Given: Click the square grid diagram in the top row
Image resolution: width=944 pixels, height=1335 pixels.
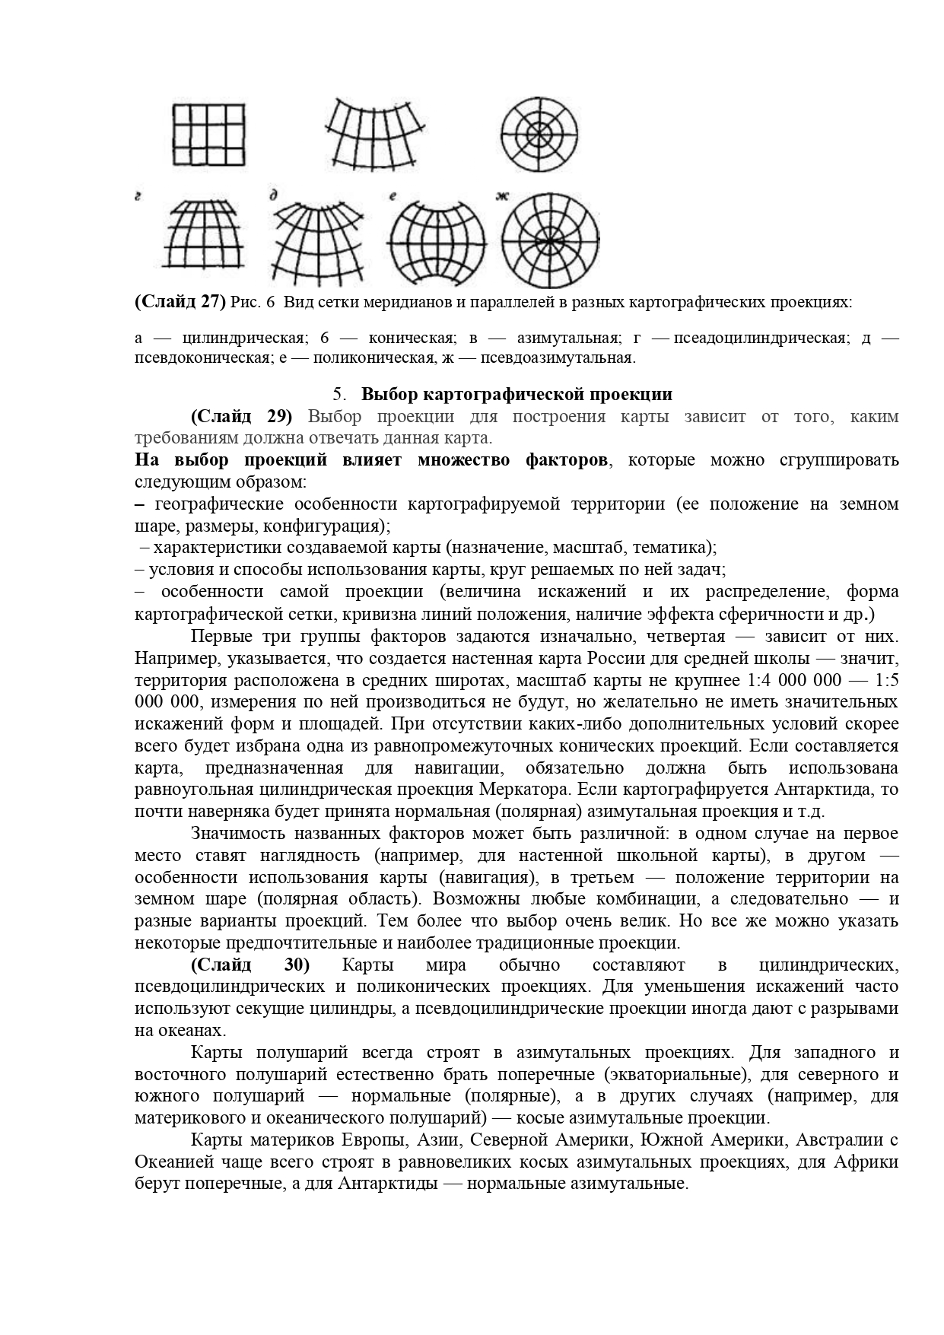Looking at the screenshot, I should point(208,134).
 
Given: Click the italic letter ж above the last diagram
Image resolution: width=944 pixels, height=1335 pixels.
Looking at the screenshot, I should point(502,197).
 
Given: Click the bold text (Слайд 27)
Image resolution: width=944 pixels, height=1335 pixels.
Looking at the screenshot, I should point(180,302).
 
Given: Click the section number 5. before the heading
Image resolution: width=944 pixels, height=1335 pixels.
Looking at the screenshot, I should point(339,394).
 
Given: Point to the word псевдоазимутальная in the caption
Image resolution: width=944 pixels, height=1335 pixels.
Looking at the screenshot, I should point(568,358).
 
